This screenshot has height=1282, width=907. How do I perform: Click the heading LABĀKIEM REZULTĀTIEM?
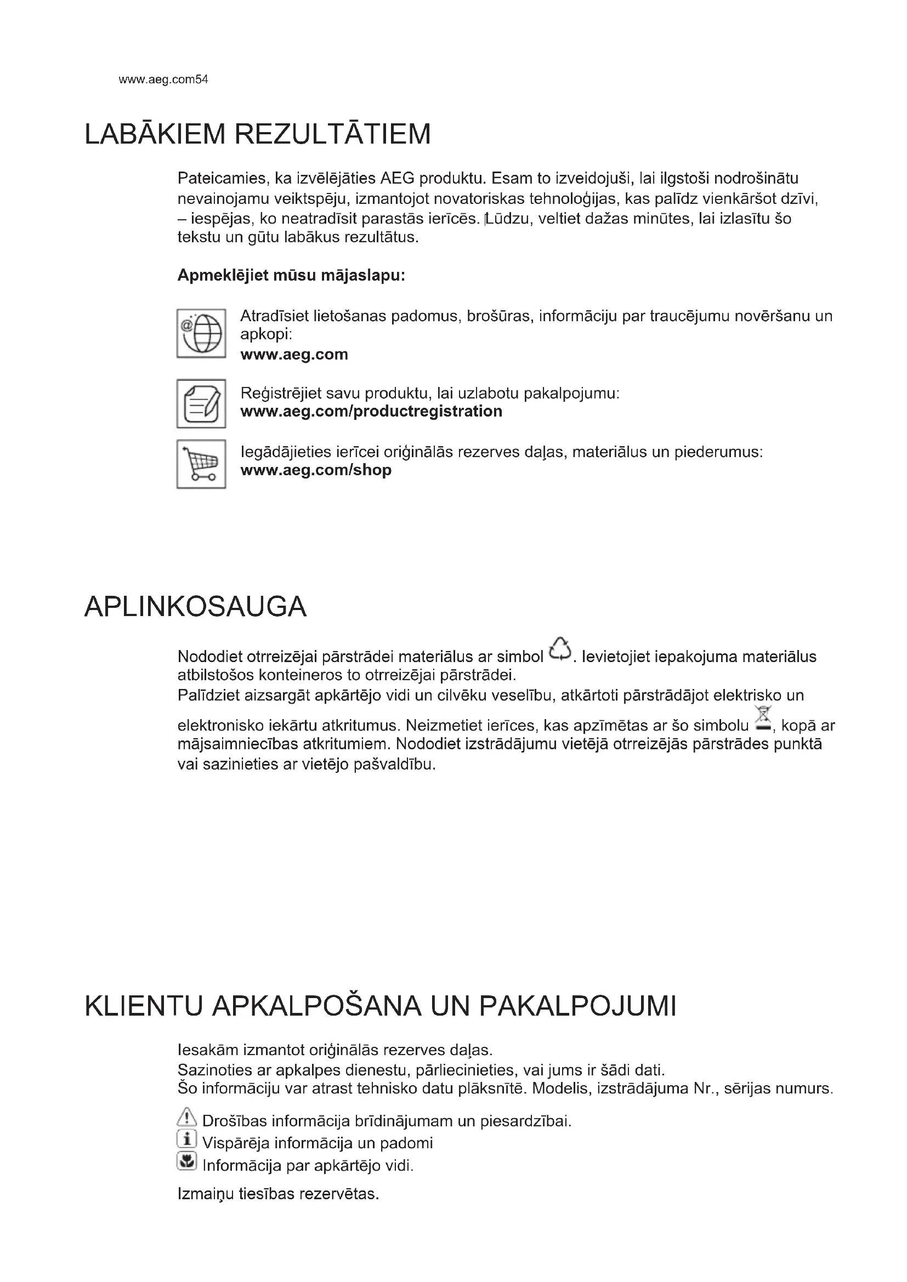click(258, 135)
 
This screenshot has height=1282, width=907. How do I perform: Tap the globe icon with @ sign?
click(201, 333)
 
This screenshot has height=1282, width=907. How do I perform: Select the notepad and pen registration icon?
click(201, 404)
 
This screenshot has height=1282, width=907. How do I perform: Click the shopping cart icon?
click(201, 464)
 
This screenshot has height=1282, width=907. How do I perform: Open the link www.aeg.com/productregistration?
click(371, 412)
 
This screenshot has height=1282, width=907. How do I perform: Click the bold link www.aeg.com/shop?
click(315, 470)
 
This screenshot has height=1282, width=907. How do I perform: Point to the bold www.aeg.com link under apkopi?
click(294, 355)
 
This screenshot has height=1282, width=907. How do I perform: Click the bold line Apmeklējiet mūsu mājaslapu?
click(291, 275)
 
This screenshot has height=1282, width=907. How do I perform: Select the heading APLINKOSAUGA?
click(195, 607)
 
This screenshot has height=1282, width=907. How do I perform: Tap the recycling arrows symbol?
click(560, 649)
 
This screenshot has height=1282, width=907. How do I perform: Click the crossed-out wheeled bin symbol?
click(763, 719)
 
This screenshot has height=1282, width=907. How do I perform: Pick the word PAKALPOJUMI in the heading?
click(577, 1006)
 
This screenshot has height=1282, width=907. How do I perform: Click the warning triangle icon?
click(186, 1116)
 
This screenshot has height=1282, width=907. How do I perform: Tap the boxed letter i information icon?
click(186, 1138)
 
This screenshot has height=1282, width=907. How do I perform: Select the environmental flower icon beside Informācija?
click(186, 1161)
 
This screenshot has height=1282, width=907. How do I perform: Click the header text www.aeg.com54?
click(163, 80)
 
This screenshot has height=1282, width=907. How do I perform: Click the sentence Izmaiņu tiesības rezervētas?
click(278, 1194)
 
